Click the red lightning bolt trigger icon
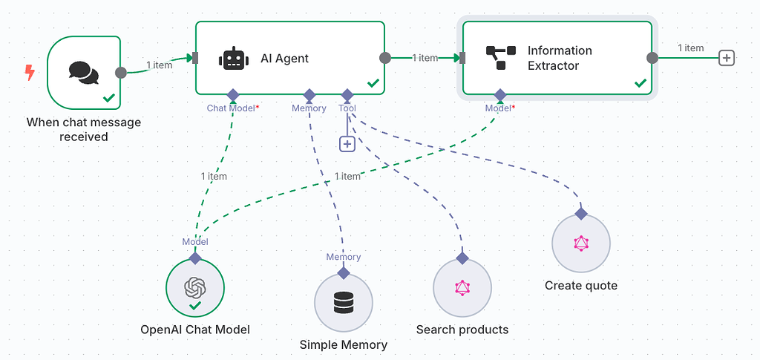(x=30, y=72)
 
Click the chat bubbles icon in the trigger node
(x=83, y=72)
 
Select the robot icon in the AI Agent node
(x=234, y=59)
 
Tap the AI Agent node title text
(x=284, y=59)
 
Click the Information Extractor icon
(x=500, y=58)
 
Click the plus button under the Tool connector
(x=347, y=144)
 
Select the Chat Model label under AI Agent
(x=232, y=108)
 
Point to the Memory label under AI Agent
(x=309, y=108)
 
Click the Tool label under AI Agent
(x=347, y=108)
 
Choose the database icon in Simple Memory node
(x=344, y=302)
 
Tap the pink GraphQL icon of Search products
(x=462, y=287)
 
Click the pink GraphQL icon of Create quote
(x=581, y=243)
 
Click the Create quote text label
(x=581, y=286)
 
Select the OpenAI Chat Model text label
(x=195, y=330)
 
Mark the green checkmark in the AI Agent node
(x=373, y=83)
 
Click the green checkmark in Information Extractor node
(x=640, y=83)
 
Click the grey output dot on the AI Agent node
(x=384, y=58)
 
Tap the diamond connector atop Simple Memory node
(x=344, y=272)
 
